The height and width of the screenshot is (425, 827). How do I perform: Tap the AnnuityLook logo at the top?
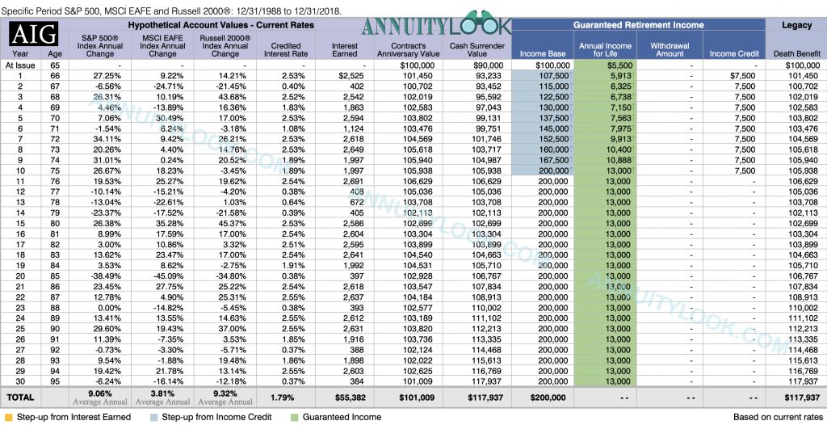click(436, 26)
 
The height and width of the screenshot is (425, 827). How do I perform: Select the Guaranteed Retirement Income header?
click(639, 25)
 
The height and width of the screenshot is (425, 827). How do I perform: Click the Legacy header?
click(796, 25)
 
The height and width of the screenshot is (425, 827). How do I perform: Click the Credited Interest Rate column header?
click(281, 49)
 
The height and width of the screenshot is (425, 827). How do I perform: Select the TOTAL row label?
click(20, 397)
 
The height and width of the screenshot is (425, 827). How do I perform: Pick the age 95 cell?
click(56, 381)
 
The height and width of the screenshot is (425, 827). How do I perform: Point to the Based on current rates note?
click(776, 417)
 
